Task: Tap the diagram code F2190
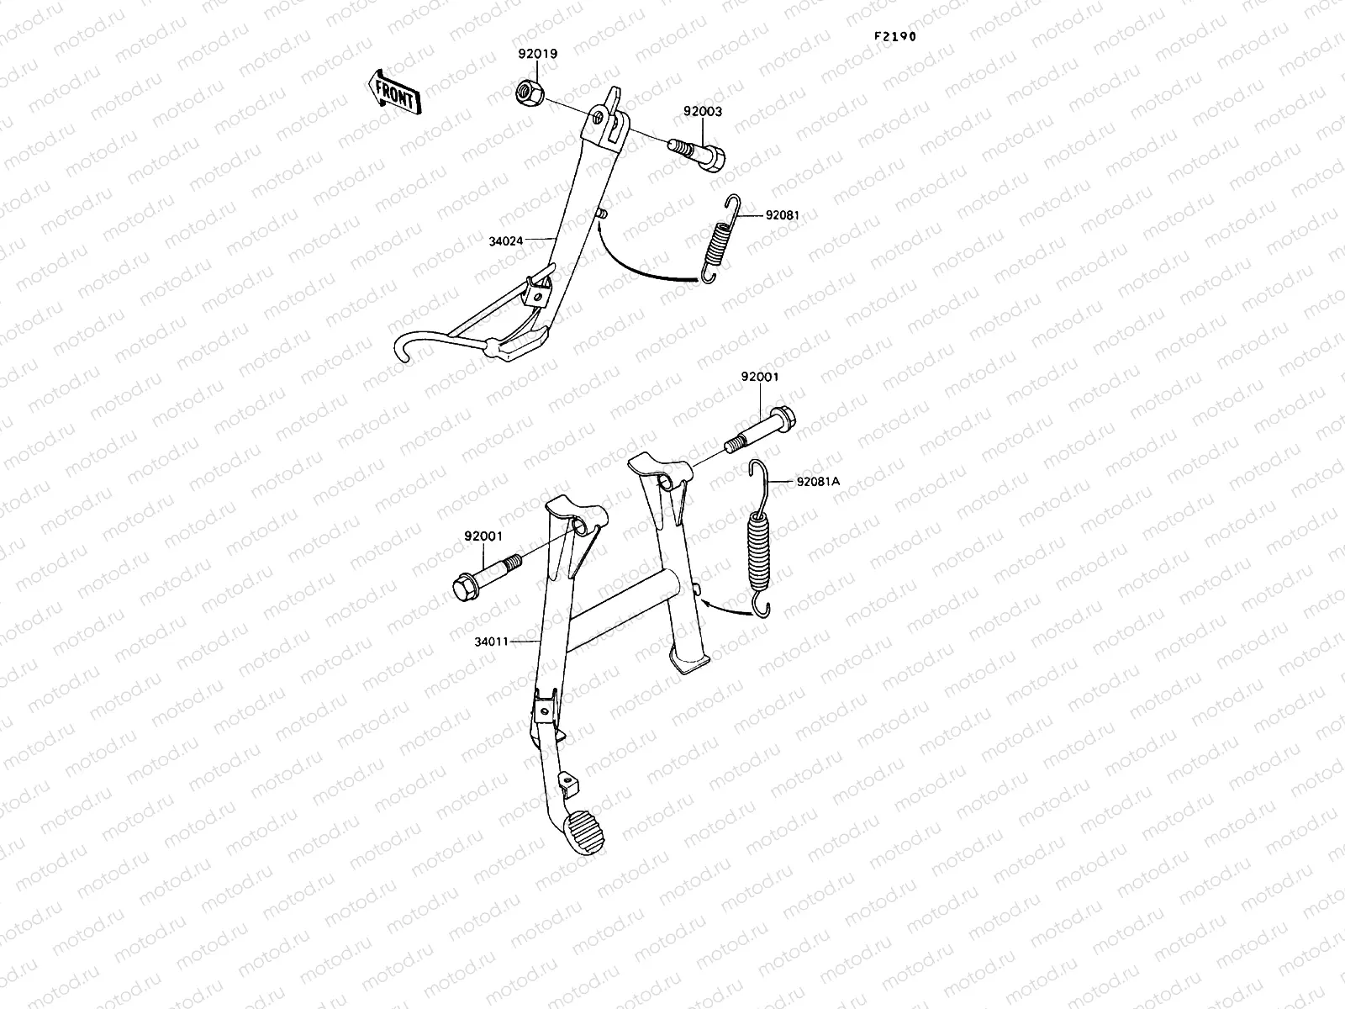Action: [894, 37]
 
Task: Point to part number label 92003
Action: [702, 112]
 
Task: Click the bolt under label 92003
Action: [710, 154]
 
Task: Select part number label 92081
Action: [782, 215]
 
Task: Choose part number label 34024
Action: [505, 240]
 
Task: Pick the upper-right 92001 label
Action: [759, 377]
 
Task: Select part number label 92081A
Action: [817, 482]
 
